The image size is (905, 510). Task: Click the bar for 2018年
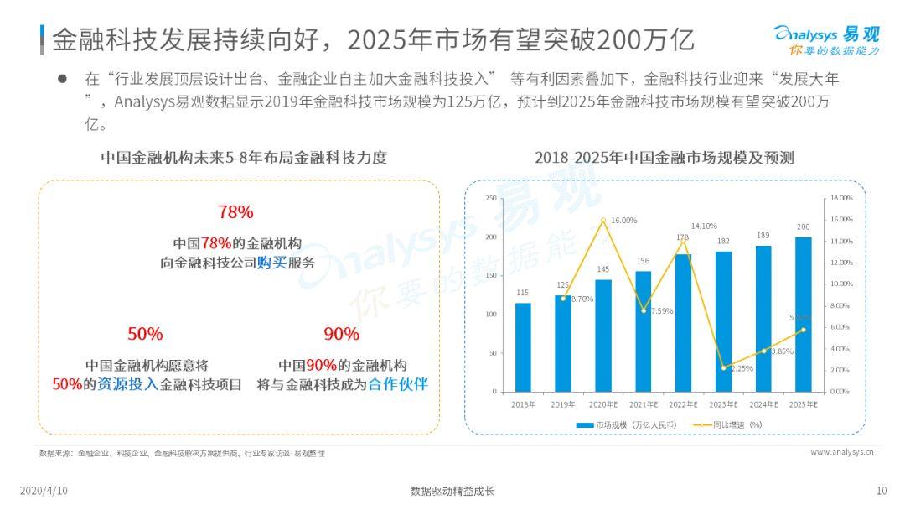[x=523, y=346]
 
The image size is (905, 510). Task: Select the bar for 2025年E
[x=804, y=314]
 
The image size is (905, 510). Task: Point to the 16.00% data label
[x=623, y=220]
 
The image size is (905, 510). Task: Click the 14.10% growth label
[x=704, y=226]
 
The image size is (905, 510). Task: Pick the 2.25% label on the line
[x=742, y=368]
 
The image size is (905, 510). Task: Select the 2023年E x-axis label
[x=723, y=404]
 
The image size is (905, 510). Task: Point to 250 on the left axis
[x=491, y=199]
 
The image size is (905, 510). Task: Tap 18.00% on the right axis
[x=840, y=199]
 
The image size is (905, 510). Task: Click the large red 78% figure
[x=235, y=211]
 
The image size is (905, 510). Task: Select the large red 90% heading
[x=341, y=334]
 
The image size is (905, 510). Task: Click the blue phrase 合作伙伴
[x=399, y=385]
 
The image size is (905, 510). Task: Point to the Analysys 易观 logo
[x=826, y=39]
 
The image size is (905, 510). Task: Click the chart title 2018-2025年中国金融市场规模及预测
[x=665, y=158]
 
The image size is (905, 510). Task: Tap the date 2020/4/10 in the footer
[x=44, y=491]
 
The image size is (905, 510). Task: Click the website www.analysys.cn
[x=842, y=452]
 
